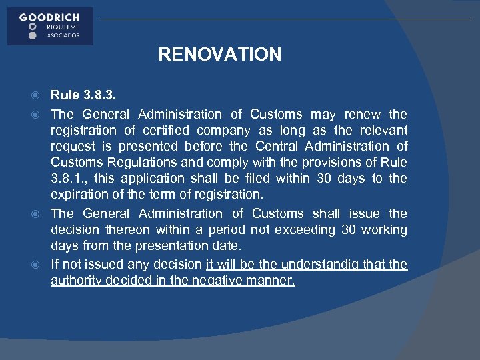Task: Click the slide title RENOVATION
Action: point(219,54)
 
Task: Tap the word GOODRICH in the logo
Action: point(50,17)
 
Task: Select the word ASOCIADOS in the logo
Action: point(62,35)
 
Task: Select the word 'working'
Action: point(384,230)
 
